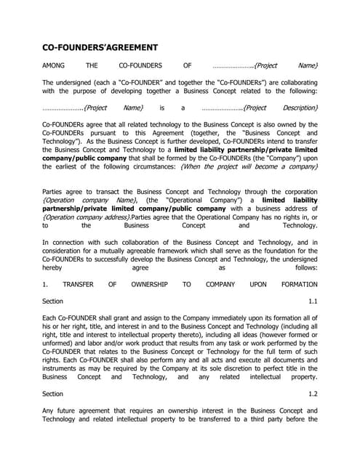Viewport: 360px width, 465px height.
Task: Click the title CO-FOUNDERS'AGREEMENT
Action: [100, 48]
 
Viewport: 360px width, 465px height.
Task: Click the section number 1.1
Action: [313, 301]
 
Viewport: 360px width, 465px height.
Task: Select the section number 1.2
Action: [313, 393]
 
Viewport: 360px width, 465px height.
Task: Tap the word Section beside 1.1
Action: [53, 301]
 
